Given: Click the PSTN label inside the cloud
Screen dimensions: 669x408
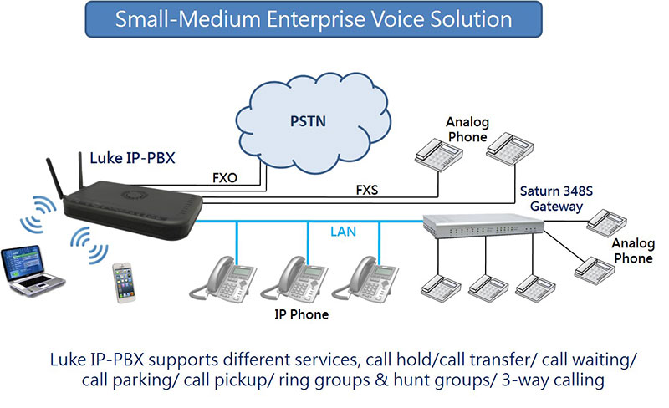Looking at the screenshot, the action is click(x=308, y=121).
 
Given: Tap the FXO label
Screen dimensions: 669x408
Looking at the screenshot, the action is click(x=225, y=177).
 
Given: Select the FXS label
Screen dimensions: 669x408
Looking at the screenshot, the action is click(x=367, y=190).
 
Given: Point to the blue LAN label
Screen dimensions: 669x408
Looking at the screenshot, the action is click(x=343, y=232).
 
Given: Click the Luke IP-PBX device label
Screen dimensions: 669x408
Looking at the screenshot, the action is click(x=132, y=158).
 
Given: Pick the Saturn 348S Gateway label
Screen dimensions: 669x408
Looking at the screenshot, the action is click(x=556, y=198).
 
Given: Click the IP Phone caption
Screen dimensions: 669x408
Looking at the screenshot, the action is click(x=301, y=314).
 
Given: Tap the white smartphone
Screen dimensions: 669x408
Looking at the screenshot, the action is click(x=124, y=283).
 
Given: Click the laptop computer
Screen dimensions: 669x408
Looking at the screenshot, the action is click(x=31, y=270).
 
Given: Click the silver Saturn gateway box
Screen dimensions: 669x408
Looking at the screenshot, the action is click(x=483, y=225).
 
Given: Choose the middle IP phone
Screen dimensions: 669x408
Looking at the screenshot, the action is click(x=294, y=279).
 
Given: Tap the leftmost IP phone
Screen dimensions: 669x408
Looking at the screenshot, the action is click(x=222, y=279).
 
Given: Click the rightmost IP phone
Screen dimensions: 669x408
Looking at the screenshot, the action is click(x=365, y=279).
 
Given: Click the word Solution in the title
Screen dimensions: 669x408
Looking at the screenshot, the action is click(x=471, y=19).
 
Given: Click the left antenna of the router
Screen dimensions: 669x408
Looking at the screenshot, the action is click(x=56, y=178).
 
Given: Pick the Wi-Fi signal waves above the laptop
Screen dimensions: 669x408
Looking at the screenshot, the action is click(x=38, y=213).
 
